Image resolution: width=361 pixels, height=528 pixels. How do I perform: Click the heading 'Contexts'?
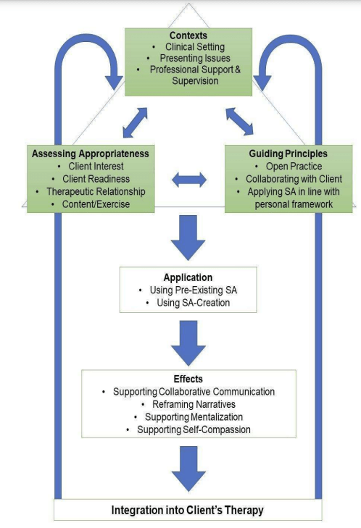pos(188,35)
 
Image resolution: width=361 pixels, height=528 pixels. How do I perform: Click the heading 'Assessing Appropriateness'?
pos(90,154)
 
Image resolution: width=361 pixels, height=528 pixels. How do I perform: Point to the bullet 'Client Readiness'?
pos(94,178)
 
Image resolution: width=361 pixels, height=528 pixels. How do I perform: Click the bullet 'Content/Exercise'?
pos(94,204)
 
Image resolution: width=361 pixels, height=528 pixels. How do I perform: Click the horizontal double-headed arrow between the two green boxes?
pos(188,180)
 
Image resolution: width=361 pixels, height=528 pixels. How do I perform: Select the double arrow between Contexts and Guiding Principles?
pos(240,121)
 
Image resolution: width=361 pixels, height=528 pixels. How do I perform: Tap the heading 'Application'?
pos(188,277)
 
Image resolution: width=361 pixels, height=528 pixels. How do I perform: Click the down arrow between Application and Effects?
pos(188,342)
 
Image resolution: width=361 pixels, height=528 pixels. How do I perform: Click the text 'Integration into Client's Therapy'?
pos(187,510)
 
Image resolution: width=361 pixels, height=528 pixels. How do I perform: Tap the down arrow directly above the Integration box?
pos(188,469)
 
